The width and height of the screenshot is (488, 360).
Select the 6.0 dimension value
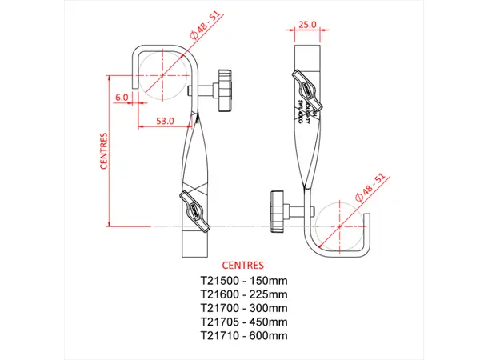pyautogui.click(x=122, y=98)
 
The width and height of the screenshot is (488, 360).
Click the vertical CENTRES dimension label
pyautogui.click(x=104, y=151)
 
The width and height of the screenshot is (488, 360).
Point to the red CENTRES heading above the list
pyautogui.click(x=243, y=265)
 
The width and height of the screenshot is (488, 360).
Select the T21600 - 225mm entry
pyautogui.click(x=243, y=294)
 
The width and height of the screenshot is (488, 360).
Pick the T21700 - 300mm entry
pyautogui.click(x=243, y=308)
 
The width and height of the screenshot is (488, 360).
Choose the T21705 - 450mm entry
pyautogui.click(x=243, y=322)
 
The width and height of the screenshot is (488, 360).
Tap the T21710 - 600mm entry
pyautogui.click(x=243, y=335)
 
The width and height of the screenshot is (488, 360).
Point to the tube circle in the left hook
pyautogui.click(x=162, y=75)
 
